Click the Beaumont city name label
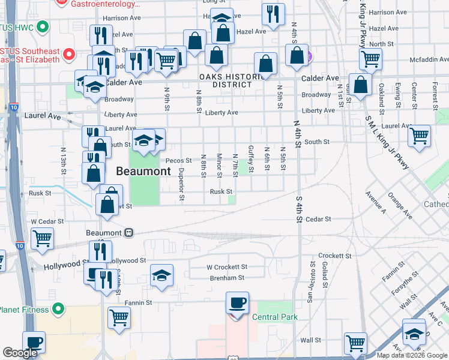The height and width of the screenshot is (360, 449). (x=143, y=172)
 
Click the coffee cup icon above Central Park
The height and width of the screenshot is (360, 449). (x=237, y=302)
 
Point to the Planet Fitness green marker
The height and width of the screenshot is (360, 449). (x=58, y=309)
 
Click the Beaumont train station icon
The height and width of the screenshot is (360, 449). (x=128, y=233)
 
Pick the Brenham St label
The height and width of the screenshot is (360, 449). (x=227, y=278)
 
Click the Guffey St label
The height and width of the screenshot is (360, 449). (x=252, y=158)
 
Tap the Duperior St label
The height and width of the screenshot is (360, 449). (x=181, y=183)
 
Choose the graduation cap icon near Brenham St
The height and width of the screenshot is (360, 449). (x=161, y=275)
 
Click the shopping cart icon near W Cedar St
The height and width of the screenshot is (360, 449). (x=43, y=238)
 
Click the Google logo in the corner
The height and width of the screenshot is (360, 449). (x=20, y=353)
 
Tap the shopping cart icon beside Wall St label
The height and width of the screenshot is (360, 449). (x=356, y=343)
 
